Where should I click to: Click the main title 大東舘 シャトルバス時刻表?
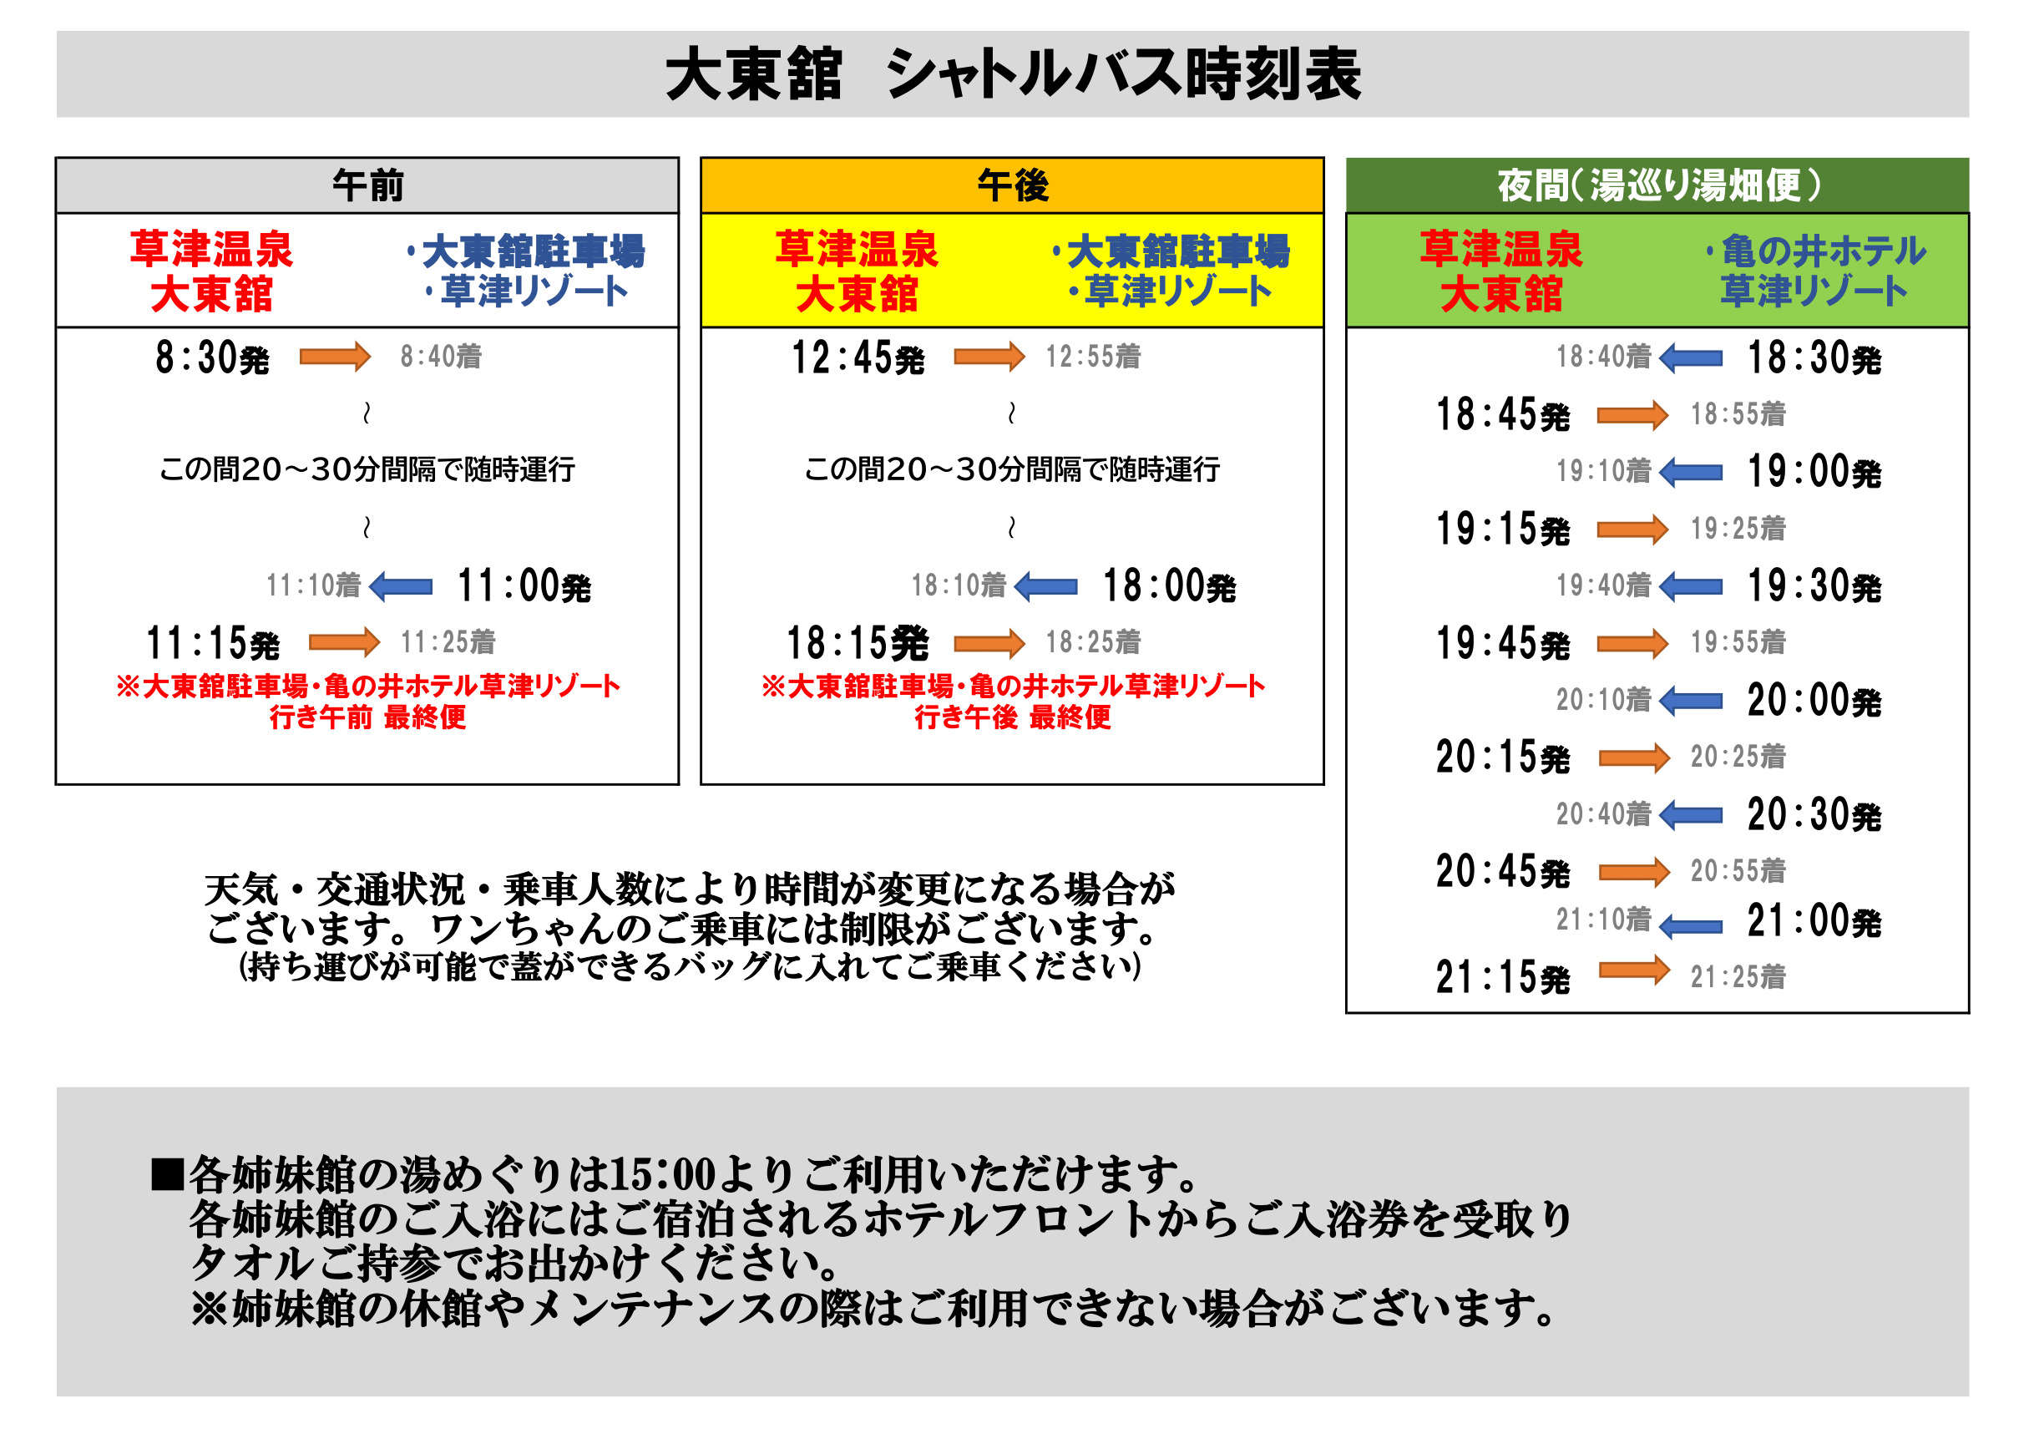[x=1014, y=74]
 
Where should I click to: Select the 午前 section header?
[x=367, y=186]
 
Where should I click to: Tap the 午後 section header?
[x=1013, y=186]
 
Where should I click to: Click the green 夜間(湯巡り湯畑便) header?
[x=1657, y=186]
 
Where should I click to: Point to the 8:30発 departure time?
[x=212, y=358]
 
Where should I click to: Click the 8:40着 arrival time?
[x=440, y=357]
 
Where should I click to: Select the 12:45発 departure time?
[x=858, y=358]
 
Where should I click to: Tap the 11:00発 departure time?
[x=524, y=586]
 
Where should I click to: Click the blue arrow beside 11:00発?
[x=401, y=586]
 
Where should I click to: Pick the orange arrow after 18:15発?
[x=989, y=643]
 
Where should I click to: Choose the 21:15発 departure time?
[x=1502, y=978]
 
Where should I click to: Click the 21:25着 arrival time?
[x=1738, y=977]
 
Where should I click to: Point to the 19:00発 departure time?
[x=1814, y=472]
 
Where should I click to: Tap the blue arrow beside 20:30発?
[x=1690, y=815]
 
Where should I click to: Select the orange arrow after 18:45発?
[x=1632, y=415]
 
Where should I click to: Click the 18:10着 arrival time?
[x=959, y=585]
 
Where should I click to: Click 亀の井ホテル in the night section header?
[x=1823, y=251]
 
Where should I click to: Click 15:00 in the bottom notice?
[x=662, y=1176]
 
